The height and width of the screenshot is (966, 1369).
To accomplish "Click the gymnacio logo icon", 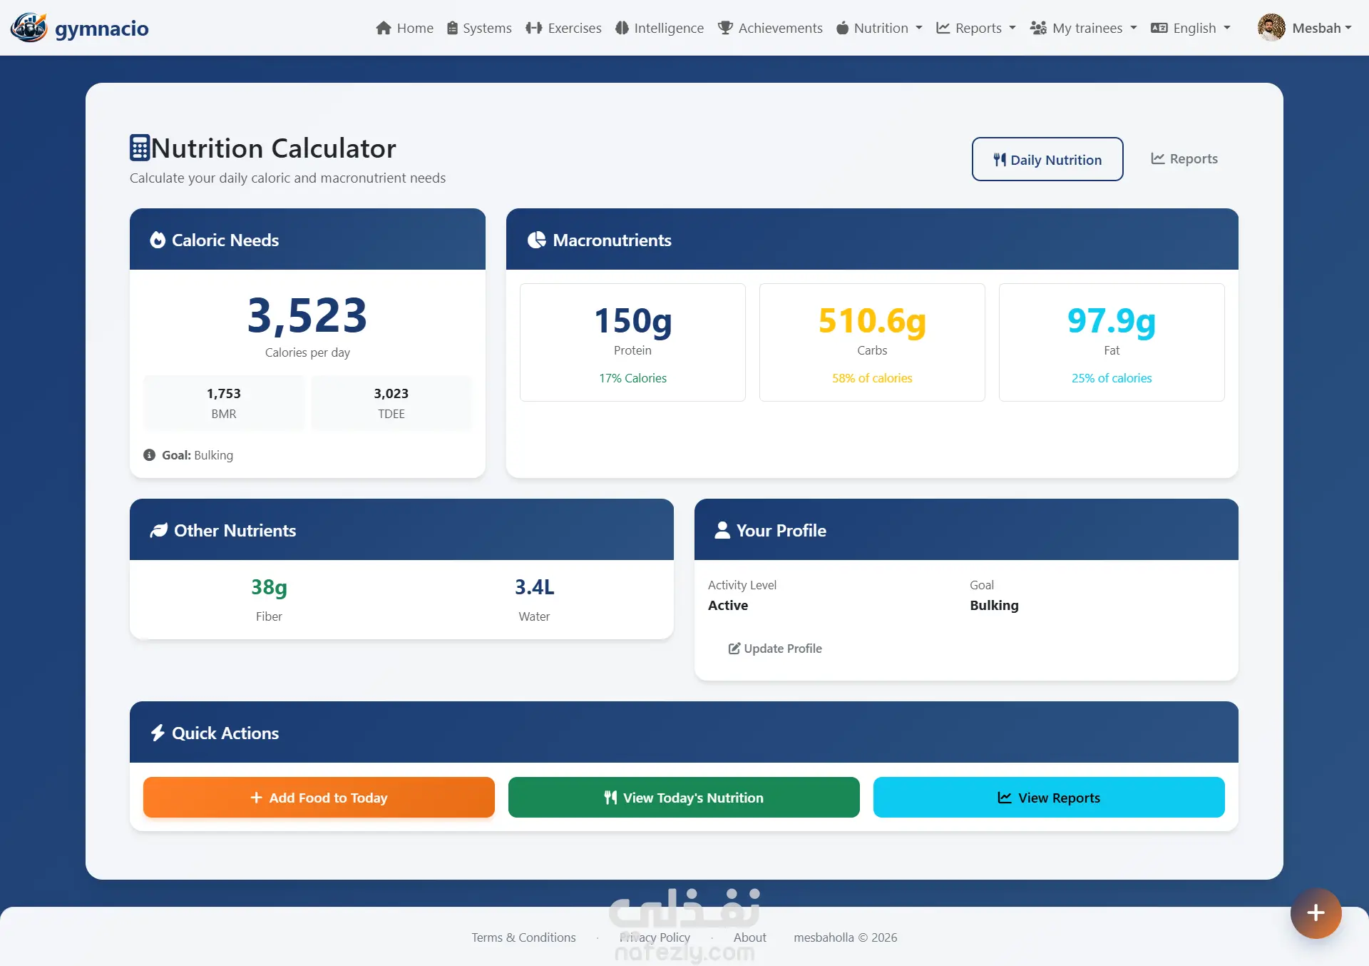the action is tap(29, 28).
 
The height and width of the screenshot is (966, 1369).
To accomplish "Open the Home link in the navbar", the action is tap(404, 28).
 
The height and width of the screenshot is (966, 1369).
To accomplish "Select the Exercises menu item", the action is tap(563, 28).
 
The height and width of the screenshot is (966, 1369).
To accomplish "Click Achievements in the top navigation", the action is tap(770, 28).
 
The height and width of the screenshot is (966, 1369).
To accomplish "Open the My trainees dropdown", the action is tap(1083, 28).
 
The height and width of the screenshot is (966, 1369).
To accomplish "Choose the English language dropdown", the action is tap(1191, 28).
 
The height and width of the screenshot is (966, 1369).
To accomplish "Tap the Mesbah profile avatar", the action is tap(1271, 28).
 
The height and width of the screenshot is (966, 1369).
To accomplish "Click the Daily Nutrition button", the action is tap(1047, 159).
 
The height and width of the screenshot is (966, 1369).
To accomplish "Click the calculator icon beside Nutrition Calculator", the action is tap(139, 148).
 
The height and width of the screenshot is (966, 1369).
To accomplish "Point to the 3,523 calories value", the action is tap(307, 315).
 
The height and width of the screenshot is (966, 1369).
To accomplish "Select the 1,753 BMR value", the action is tap(224, 393).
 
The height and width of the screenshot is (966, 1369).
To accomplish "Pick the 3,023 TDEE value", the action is tap(391, 393).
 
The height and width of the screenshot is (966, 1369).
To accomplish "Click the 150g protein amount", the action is tap(632, 321).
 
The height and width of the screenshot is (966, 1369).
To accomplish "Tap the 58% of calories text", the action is tap(872, 378).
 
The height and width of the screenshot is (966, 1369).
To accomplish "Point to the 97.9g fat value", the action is tap(1112, 321).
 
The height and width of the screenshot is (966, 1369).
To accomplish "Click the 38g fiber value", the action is tap(269, 587).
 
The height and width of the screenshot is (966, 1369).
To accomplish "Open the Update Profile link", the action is tap(775, 649).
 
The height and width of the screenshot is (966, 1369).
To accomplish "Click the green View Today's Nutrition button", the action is tap(684, 798).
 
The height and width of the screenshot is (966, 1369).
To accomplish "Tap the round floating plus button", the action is tap(1316, 913).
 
